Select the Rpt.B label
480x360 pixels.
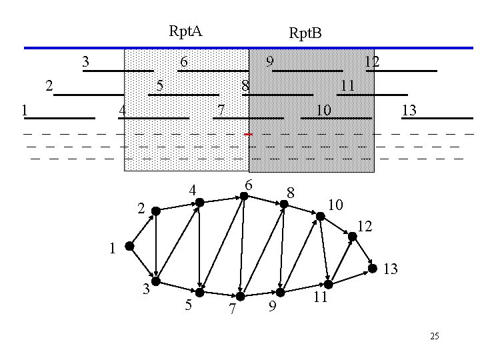[x=305, y=33]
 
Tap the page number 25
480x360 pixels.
[x=434, y=336]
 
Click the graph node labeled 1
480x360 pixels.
[x=130, y=246]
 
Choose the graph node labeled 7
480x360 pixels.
[x=241, y=296]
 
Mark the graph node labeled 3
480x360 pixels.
[x=155, y=280]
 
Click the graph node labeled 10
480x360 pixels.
[x=321, y=215]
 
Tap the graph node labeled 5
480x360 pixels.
[x=199, y=291]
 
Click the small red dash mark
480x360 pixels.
[x=247, y=134]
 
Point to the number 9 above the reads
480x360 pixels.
[x=269, y=61]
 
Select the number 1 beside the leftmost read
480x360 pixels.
[x=24, y=110]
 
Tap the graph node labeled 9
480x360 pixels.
[x=281, y=292]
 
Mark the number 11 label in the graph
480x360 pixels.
[x=320, y=297]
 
